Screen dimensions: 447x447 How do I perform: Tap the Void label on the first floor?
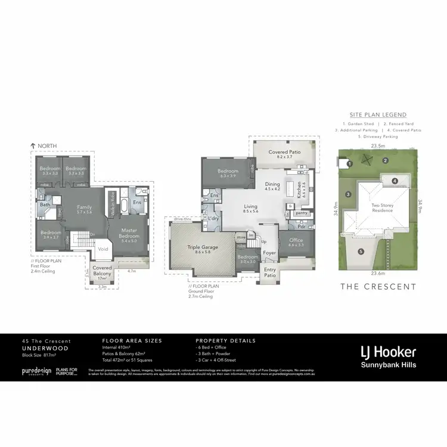[103, 250]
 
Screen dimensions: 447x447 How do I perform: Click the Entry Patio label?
[271, 272]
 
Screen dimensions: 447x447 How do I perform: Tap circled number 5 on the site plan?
[361, 252]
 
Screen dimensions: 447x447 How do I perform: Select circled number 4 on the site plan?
[394, 181]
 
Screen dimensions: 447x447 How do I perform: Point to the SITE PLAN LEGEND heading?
[378, 114]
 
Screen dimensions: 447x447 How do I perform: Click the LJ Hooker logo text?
[388, 352]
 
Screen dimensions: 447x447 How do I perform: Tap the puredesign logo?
[36, 371]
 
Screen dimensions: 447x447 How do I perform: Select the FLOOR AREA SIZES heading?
[132, 341]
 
